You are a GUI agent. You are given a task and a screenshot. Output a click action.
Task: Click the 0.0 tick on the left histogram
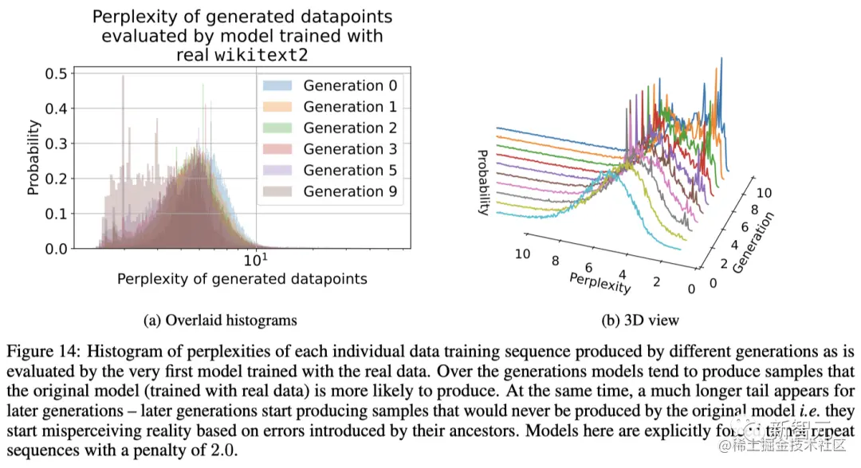click(x=55, y=249)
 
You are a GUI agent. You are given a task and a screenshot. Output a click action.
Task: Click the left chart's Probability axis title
click(x=33, y=159)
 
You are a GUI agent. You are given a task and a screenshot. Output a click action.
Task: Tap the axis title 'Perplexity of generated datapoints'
click(x=242, y=279)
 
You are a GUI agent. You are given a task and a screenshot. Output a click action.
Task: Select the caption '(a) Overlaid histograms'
click(x=219, y=321)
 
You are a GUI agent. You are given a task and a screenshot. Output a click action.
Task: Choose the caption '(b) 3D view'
click(x=640, y=321)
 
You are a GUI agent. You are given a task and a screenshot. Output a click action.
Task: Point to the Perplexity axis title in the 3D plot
click(x=600, y=281)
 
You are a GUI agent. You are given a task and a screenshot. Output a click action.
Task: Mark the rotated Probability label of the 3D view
click(x=483, y=182)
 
